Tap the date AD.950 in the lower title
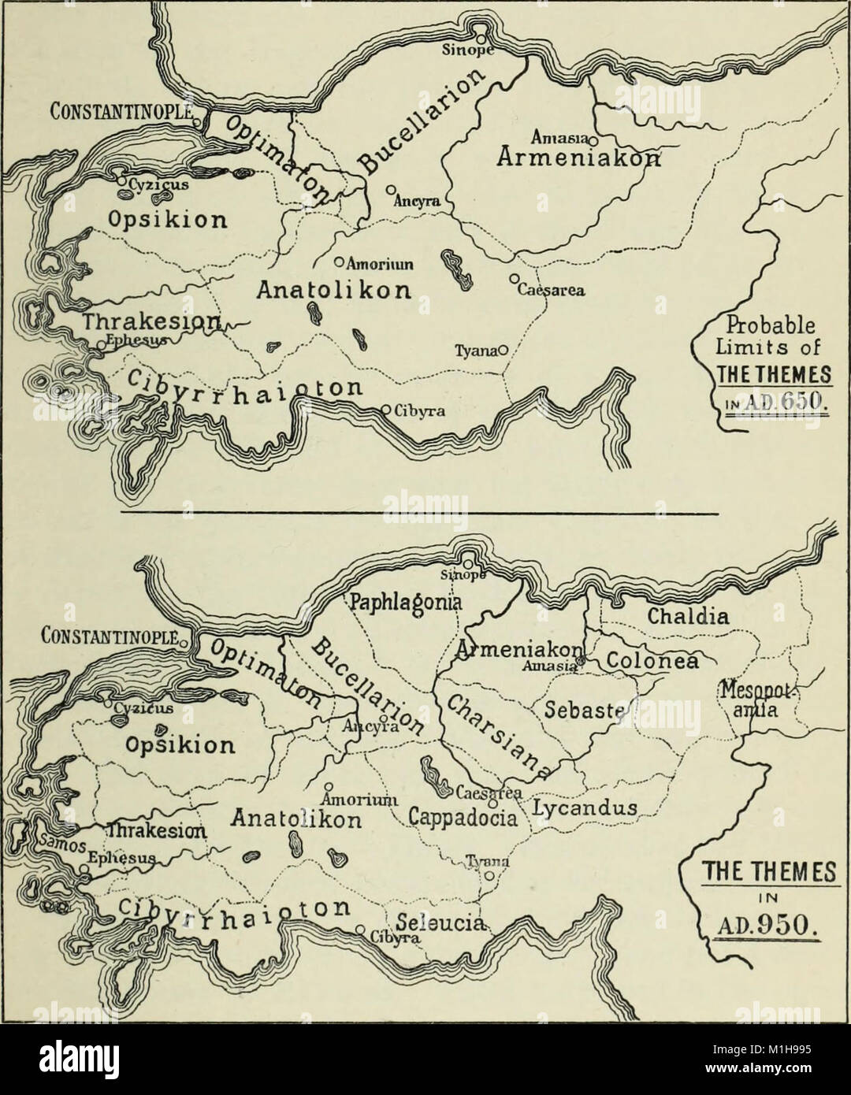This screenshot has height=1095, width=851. point(761,921)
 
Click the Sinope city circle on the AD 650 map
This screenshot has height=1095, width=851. point(478,35)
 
